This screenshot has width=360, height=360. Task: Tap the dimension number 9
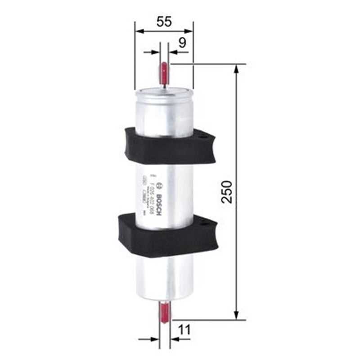(182, 43)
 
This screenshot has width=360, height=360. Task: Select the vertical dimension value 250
(228, 192)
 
